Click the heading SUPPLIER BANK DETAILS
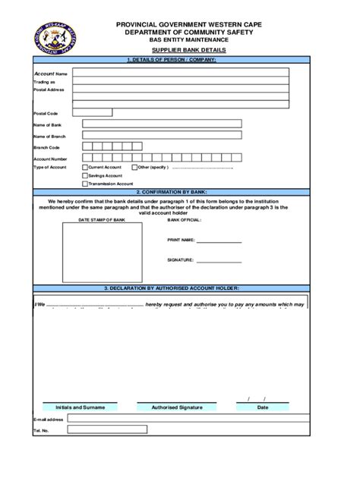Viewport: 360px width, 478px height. pos(187,50)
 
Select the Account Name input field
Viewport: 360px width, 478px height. pos(181,74)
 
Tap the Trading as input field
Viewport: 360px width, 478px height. pos(181,81)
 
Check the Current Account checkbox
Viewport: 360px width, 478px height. pos(84,167)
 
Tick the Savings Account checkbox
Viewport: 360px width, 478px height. pos(84,175)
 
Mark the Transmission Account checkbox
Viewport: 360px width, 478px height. pos(84,184)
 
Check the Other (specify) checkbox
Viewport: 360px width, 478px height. pos(134,167)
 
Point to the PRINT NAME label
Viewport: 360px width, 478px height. pos(181,240)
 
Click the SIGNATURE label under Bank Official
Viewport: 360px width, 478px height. pos(180,260)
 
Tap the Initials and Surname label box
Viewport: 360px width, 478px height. pos(80,407)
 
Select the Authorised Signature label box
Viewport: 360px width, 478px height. pos(177,407)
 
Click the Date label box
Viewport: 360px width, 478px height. pos(263,407)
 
